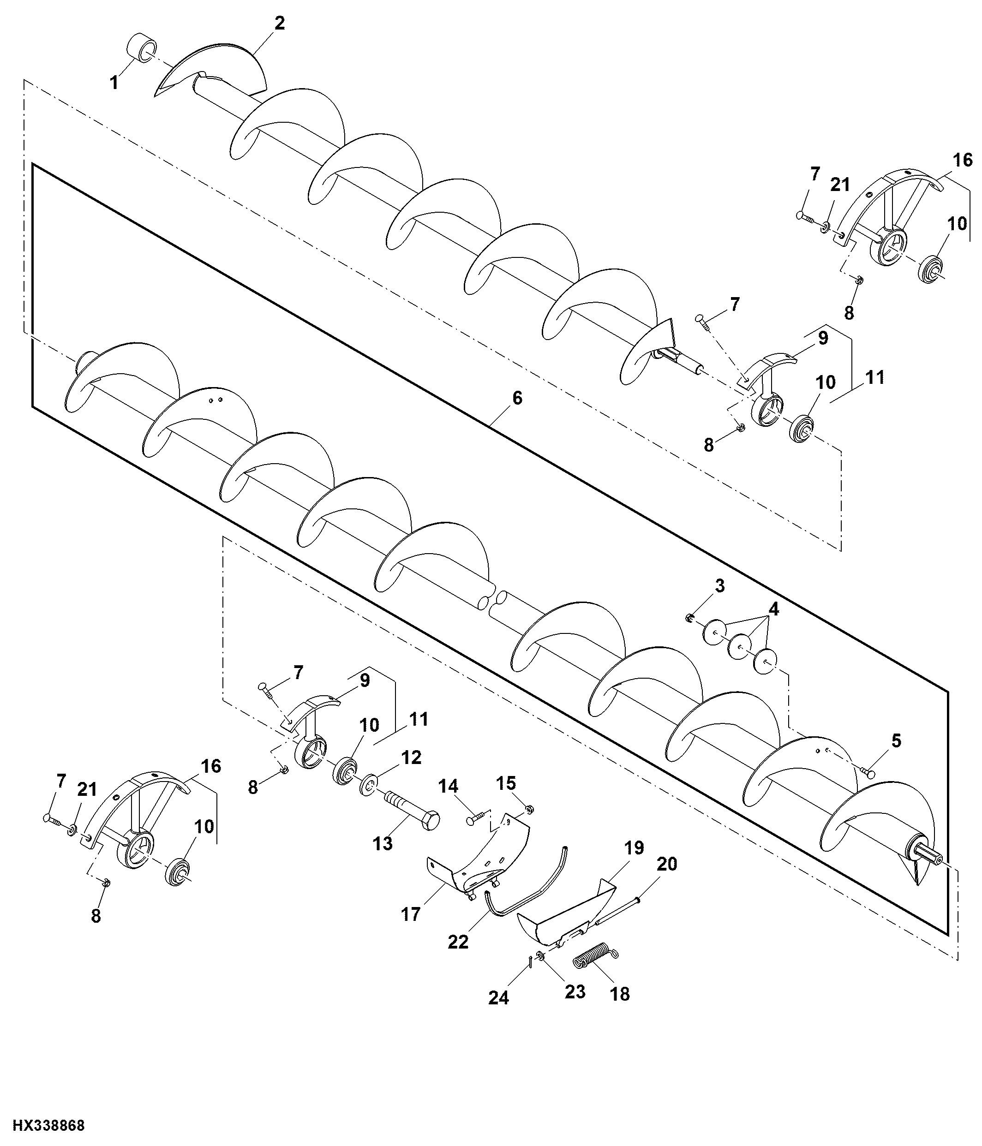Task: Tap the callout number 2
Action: [280, 23]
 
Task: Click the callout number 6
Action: [517, 398]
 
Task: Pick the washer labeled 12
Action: [367, 785]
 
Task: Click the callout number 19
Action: [634, 848]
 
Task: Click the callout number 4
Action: [773, 609]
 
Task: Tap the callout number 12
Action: [412, 757]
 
